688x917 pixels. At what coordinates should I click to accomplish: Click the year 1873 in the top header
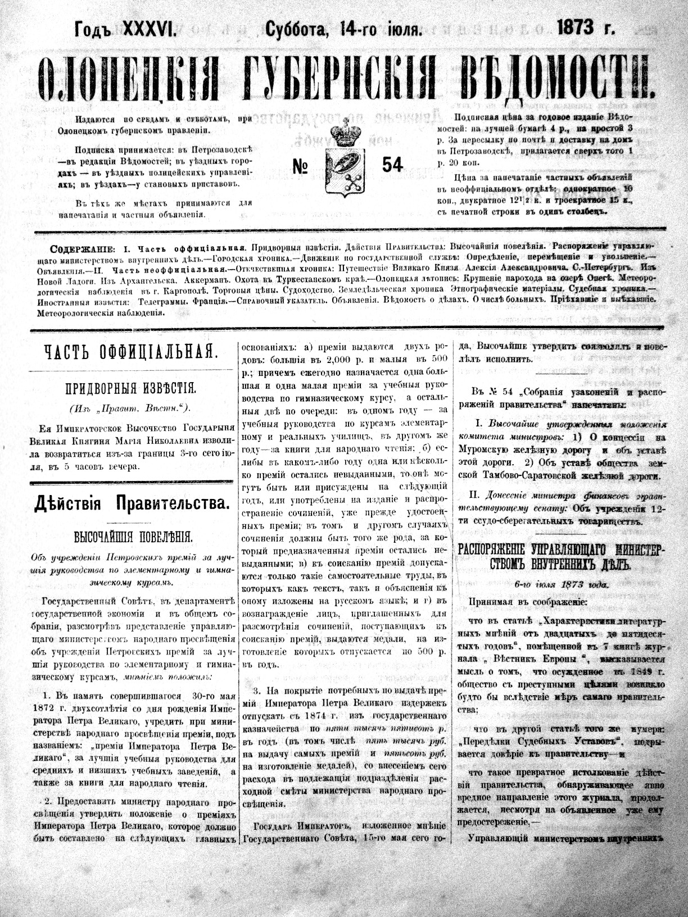[577, 29]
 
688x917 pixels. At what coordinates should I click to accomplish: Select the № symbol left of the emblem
[305, 166]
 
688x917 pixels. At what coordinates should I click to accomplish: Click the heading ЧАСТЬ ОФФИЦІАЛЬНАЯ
[130, 352]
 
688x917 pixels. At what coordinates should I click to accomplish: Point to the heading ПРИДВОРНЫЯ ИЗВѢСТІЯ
[130, 388]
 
